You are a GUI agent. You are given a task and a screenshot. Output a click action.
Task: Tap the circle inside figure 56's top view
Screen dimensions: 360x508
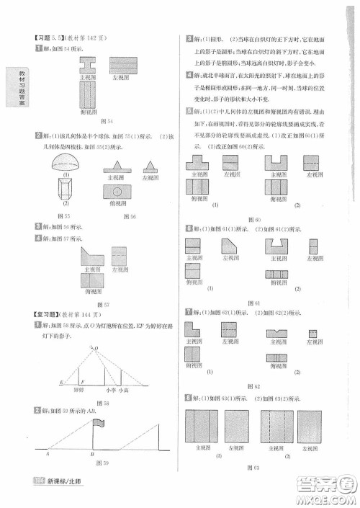point(116,192)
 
